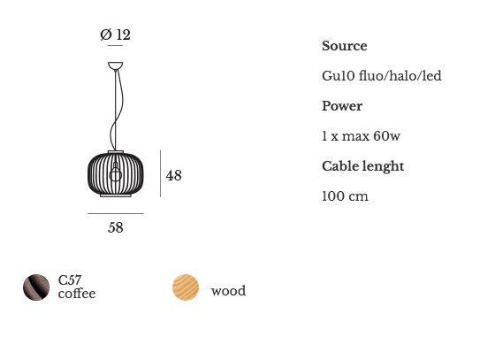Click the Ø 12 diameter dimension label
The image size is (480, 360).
[116, 34]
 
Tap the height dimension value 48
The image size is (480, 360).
[173, 175]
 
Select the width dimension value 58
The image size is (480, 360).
[116, 227]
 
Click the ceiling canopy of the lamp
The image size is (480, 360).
[116, 65]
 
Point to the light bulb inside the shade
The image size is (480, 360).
[116, 172]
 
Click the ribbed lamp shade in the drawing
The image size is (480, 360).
[116, 173]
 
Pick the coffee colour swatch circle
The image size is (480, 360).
[36, 287]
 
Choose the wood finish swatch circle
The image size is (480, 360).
[186, 287]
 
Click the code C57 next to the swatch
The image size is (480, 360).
[70, 280]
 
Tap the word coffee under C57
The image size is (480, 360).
[77, 294]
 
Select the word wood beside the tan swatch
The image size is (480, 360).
[228, 290]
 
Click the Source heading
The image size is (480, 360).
[345, 46]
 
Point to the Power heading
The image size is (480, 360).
[342, 106]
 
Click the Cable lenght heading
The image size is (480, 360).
[362, 166]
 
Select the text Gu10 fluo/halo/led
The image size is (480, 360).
[382, 76]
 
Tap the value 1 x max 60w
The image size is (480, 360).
[361, 135]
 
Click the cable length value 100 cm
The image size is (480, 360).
[345, 196]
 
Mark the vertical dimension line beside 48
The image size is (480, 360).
[160, 173]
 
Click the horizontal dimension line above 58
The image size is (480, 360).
[116, 213]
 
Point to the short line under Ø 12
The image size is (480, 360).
[116, 46]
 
